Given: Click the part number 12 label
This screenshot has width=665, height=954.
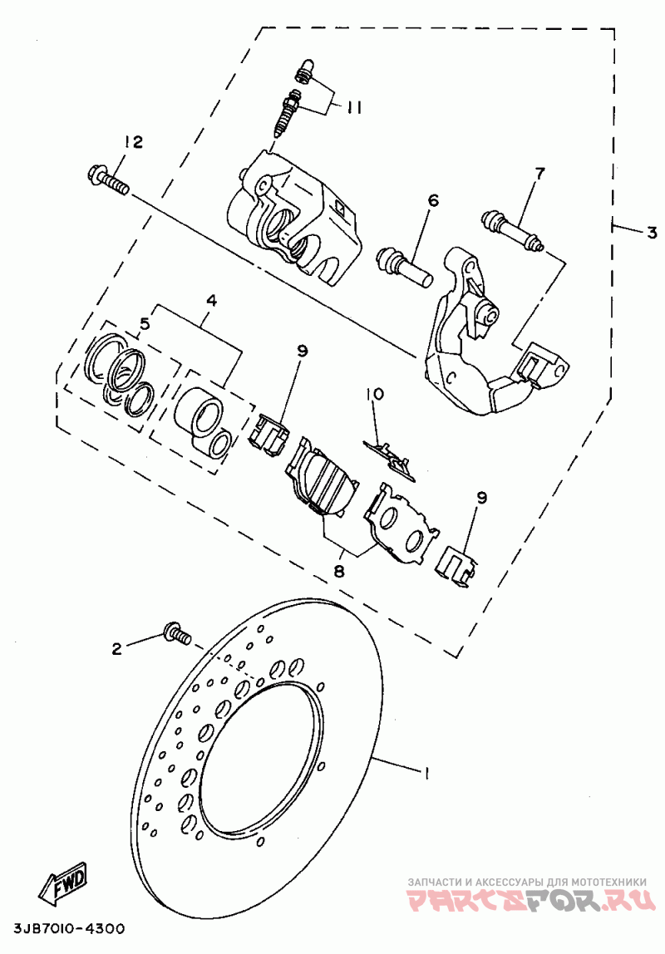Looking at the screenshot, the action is pyautogui.click(x=133, y=142).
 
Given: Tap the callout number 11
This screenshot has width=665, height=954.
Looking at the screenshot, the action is pyautogui.click(x=355, y=108).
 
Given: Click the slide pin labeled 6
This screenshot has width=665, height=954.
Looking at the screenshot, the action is pyautogui.click(x=405, y=266).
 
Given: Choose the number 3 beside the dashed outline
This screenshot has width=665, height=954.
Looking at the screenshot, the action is pyautogui.click(x=651, y=233).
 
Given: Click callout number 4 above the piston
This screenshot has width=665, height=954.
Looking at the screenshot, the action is pyautogui.click(x=212, y=300).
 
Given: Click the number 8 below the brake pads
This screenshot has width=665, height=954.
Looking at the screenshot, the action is pyautogui.click(x=339, y=571).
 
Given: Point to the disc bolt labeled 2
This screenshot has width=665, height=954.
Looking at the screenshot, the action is pyautogui.click(x=177, y=635).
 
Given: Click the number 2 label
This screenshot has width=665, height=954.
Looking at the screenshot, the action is pyautogui.click(x=116, y=648).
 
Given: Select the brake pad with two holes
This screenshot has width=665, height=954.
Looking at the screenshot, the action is pyautogui.click(x=401, y=523).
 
